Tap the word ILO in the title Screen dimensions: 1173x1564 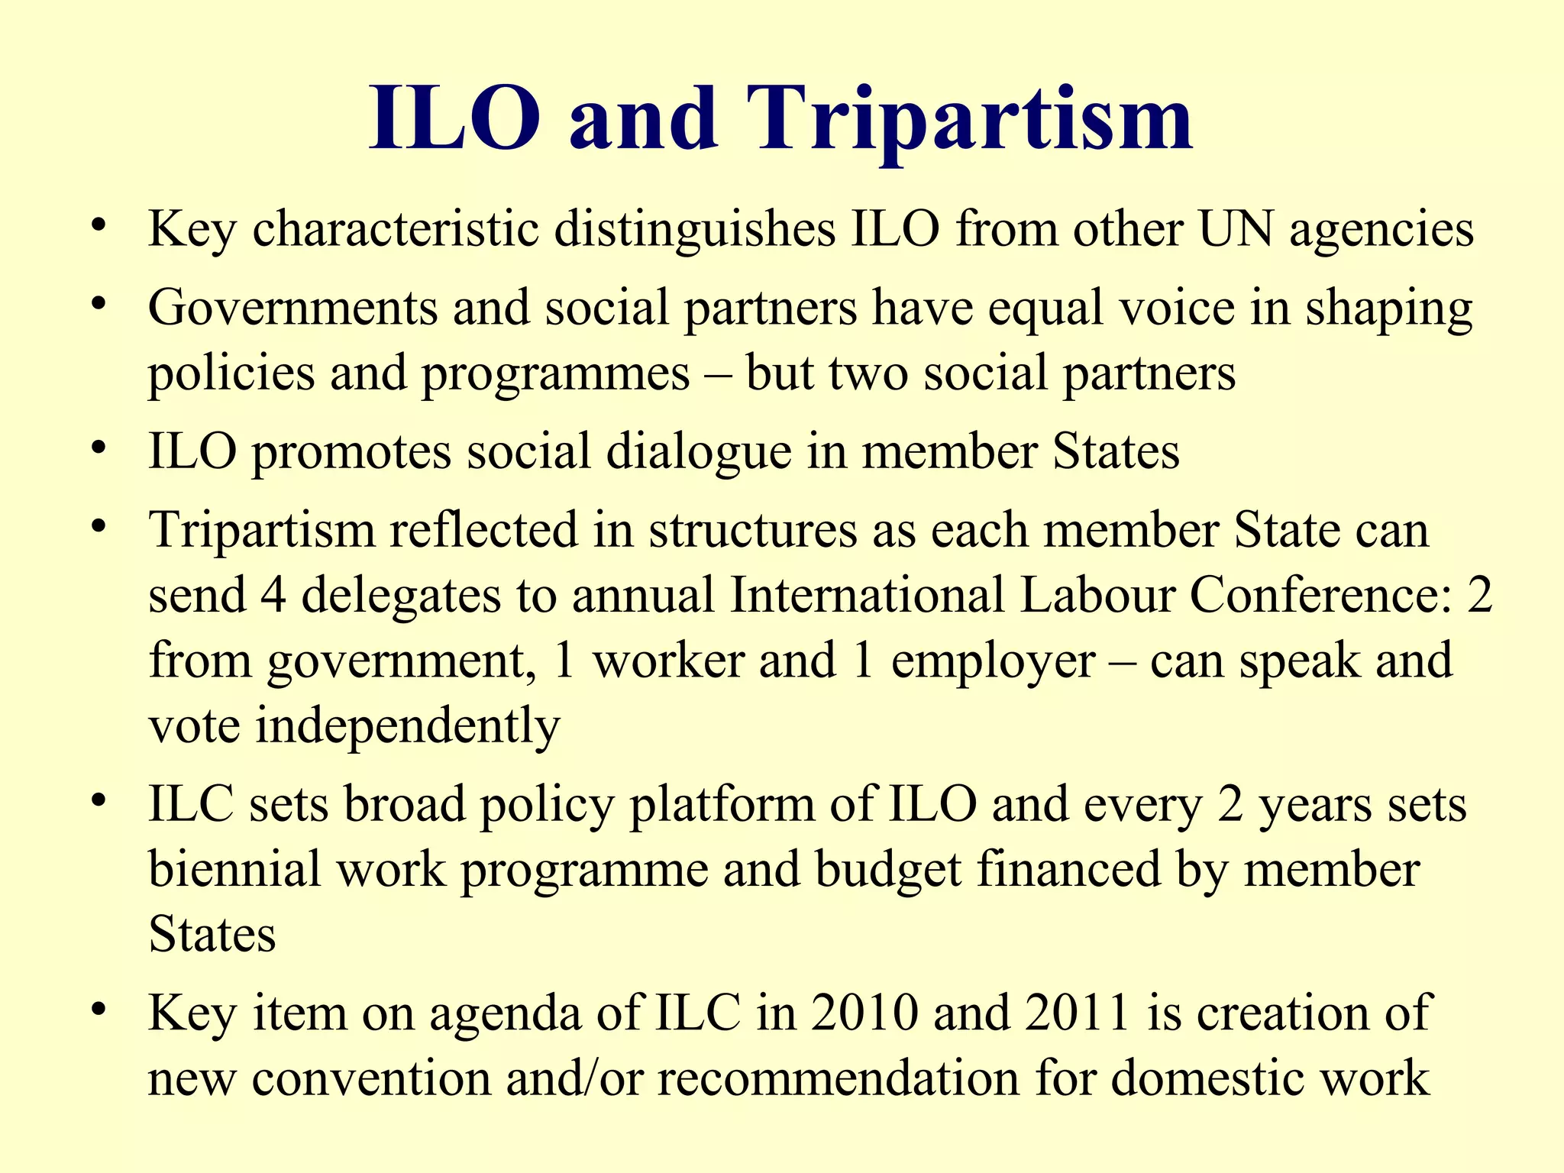click(x=455, y=118)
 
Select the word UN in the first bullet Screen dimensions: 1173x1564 click(x=1236, y=229)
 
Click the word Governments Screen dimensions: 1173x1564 click(x=292, y=308)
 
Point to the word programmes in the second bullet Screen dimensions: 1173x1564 click(x=556, y=374)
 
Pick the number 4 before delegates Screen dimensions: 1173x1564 click(x=273, y=595)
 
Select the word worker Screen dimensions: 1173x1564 click(x=668, y=661)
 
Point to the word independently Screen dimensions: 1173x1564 click(x=407, y=726)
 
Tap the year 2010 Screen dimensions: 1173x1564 click(x=864, y=1013)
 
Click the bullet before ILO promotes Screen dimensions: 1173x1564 click(x=97, y=448)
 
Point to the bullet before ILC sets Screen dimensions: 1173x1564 click(x=97, y=801)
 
